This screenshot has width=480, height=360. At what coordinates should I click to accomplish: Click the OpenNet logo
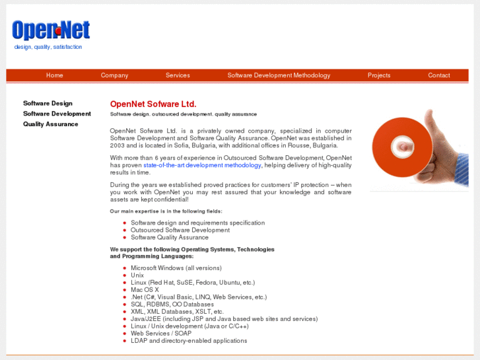51,30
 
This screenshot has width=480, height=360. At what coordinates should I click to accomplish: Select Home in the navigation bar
55,75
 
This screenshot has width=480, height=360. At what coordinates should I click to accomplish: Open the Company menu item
114,75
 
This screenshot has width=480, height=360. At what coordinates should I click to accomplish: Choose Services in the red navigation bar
178,75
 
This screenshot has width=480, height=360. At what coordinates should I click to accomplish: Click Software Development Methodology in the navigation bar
279,75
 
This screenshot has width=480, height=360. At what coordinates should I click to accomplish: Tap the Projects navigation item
379,75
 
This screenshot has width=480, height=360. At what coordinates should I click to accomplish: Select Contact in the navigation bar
438,75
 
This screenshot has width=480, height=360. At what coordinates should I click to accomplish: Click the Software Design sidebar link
48,103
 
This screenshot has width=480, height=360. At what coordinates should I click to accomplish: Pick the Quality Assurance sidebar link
50,124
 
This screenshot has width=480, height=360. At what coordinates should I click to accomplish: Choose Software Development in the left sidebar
57,114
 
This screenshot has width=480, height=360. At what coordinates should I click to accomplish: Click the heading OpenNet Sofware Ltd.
153,104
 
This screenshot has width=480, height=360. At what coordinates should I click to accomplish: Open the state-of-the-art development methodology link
202,165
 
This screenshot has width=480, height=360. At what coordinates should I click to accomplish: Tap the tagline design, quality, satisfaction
48,47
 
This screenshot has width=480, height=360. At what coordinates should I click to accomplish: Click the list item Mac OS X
145,290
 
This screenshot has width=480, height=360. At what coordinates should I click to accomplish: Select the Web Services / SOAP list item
161,334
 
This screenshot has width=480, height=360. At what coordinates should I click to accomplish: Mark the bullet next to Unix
124,275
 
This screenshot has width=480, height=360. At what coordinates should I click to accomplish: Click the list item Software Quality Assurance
170,237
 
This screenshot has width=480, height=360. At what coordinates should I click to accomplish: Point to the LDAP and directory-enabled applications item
189,341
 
